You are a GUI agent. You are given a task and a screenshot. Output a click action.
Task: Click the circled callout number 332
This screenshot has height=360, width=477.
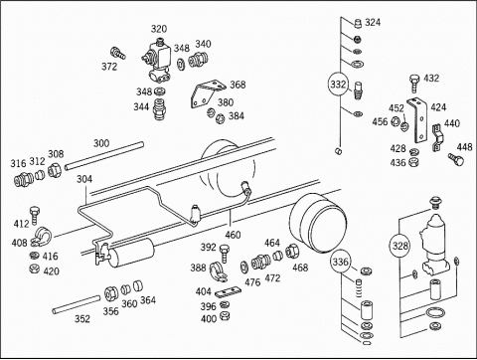tap(338, 85)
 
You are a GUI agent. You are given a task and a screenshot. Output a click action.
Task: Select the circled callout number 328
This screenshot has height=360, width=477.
tap(399, 246)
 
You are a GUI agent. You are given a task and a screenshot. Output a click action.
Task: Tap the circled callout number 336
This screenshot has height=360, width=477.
tap(340, 263)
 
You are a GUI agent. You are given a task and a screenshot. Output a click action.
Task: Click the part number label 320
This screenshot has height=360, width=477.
tap(159, 29)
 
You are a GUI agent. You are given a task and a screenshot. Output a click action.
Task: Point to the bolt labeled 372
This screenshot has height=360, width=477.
tap(118, 53)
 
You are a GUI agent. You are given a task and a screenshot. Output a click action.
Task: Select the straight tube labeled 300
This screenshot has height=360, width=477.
tap(104, 156)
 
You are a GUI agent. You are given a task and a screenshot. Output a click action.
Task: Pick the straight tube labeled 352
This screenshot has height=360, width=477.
tap(77, 304)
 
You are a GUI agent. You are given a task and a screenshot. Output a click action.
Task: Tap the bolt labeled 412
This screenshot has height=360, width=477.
tap(35, 216)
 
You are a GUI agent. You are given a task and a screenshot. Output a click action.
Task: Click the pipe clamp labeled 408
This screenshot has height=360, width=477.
tap(41, 237)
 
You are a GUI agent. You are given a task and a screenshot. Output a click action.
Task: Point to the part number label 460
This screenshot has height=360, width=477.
tap(233, 235)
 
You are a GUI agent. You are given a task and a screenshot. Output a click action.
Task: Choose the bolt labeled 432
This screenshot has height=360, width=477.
tap(413, 84)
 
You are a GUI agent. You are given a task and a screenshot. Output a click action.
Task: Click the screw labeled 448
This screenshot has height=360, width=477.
tap(456, 159)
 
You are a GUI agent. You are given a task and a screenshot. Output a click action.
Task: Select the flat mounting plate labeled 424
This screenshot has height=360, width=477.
tap(418, 120)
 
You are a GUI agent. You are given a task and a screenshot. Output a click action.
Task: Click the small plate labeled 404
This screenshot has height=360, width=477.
tap(228, 291)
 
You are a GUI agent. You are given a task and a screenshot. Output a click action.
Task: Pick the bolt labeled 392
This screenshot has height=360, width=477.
tap(225, 253)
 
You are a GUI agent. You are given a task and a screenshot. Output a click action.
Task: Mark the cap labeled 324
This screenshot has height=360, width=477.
tap(358, 23)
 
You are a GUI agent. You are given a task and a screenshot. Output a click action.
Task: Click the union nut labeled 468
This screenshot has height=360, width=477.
tap(292, 251)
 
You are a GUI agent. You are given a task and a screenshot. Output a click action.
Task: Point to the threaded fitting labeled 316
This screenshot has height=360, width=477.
tap(23, 180)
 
